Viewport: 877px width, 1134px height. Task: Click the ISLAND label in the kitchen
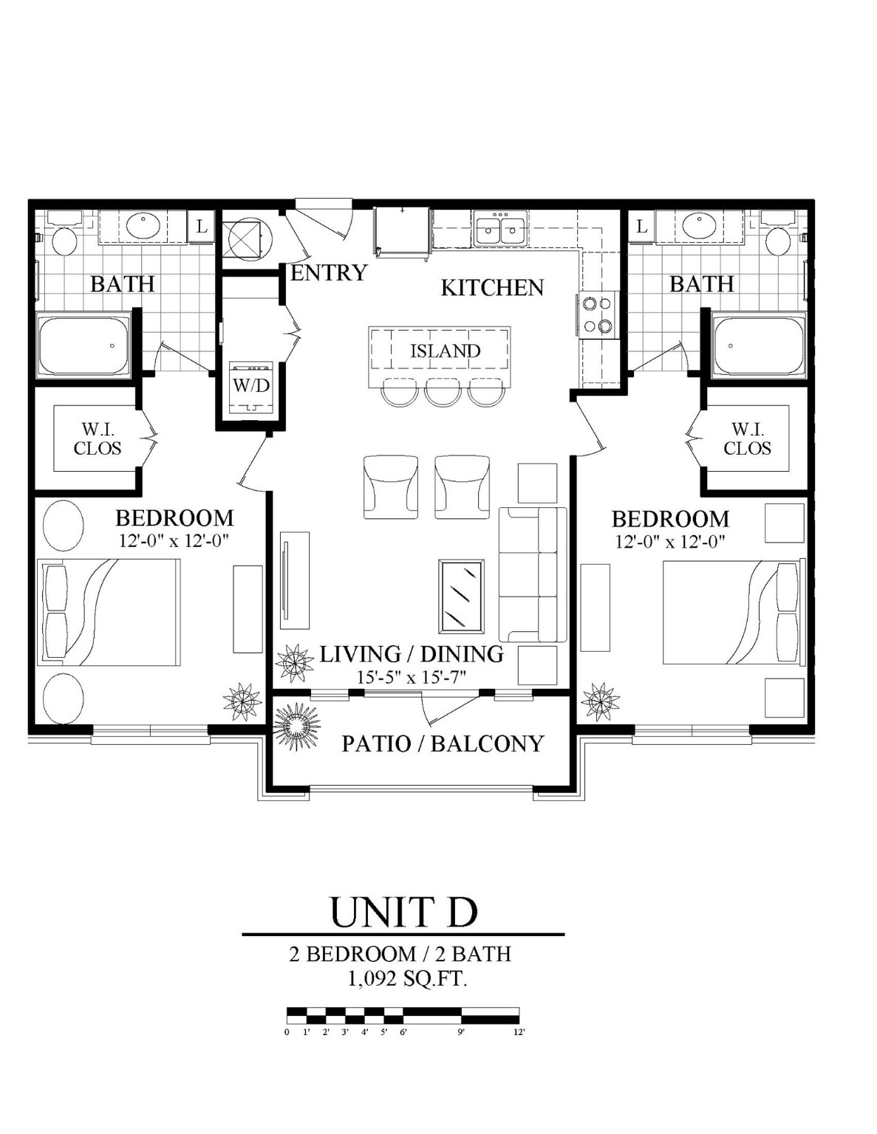tap(446, 351)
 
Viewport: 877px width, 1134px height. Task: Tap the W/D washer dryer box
tap(252, 386)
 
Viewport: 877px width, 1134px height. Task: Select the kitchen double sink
tap(500, 229)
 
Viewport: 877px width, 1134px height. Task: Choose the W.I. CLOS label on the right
tap(747, 439)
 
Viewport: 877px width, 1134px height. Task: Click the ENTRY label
tap(329, 273)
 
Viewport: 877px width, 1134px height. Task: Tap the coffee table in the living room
tap(461, 596)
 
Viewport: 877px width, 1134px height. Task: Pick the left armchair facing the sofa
tap(390, 487)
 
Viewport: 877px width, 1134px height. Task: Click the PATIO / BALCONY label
tap(443, 743)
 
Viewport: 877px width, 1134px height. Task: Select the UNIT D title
tap(403, 912)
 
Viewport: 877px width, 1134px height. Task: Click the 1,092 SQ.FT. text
tap(407, 979)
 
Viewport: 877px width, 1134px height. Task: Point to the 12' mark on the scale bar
tap(519, 1032)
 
